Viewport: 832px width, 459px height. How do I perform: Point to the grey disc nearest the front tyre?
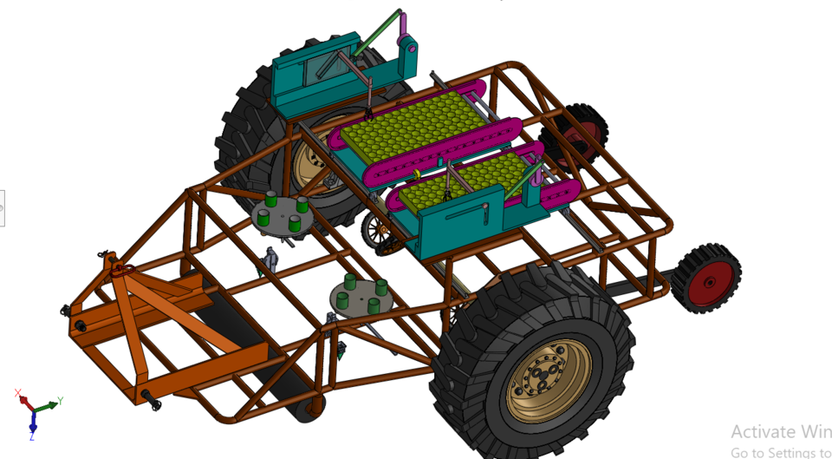(361, 298)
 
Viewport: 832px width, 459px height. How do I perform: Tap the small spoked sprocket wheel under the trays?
(378, 229)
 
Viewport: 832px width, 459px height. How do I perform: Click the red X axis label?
(18, 393)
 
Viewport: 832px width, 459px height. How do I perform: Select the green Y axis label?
(59, 402)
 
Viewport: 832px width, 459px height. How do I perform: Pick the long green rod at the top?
(378, 34)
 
